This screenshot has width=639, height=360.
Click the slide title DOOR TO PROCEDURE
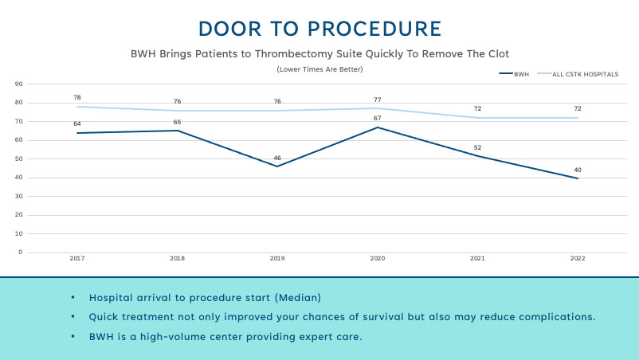coord(319,29)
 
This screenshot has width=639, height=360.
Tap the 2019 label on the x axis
coord(277,259)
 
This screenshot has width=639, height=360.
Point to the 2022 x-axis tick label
coord(578,259)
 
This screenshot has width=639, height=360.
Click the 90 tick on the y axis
coord(18,84)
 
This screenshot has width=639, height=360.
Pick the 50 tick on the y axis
coord(18,158)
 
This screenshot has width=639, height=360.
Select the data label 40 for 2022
coord(578,170)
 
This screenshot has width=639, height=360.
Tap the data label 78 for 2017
coord(77,98)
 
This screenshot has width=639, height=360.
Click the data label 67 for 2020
coord(378,119)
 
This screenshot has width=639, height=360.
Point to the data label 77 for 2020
coord(378,100)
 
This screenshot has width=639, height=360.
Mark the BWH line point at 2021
coord(478,155)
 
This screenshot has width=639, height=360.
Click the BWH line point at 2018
coord(178,131)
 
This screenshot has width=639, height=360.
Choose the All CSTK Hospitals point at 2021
coord(478,118)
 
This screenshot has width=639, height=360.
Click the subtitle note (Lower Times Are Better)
coord(319,69)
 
